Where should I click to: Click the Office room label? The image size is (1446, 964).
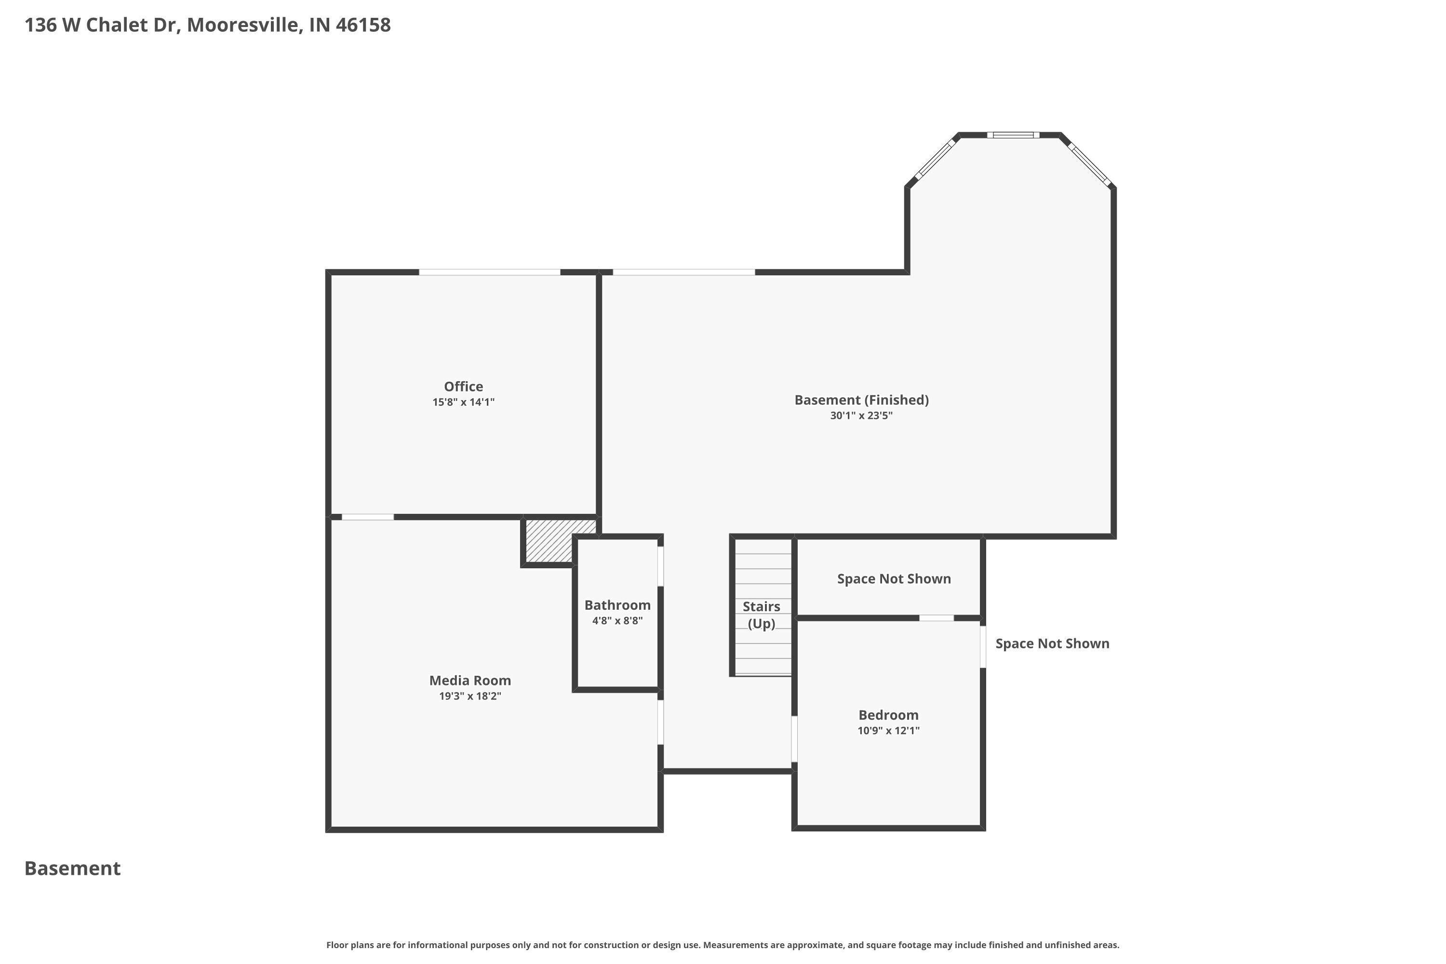point(464,386)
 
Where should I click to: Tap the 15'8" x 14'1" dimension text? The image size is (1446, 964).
point(464,402)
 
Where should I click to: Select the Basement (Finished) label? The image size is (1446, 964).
point(861,400)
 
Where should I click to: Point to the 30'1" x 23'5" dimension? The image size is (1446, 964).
point(861,415)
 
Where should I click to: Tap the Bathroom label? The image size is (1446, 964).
point(617,605)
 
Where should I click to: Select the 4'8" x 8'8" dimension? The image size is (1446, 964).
point(617,621)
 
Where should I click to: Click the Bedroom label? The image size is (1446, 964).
point(888,714)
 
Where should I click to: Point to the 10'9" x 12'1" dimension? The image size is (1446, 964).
point(888,730)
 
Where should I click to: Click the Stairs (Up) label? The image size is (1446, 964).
point(761,615)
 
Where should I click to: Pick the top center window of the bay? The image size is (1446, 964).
point(1013,134)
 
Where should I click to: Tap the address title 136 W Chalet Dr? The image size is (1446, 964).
point(207,25)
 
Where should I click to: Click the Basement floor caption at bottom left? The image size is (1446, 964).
point(73,868)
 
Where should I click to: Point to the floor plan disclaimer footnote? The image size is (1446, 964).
point(723,945)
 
